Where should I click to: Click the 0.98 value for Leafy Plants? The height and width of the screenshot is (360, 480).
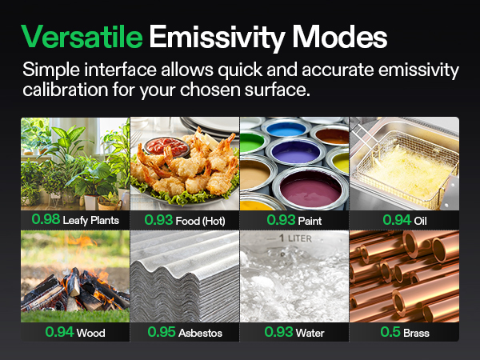[x=45, y=219]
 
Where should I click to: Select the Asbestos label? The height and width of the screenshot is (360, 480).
[x=200, y=331]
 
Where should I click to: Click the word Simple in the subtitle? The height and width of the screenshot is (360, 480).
[x=49, y=70]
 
